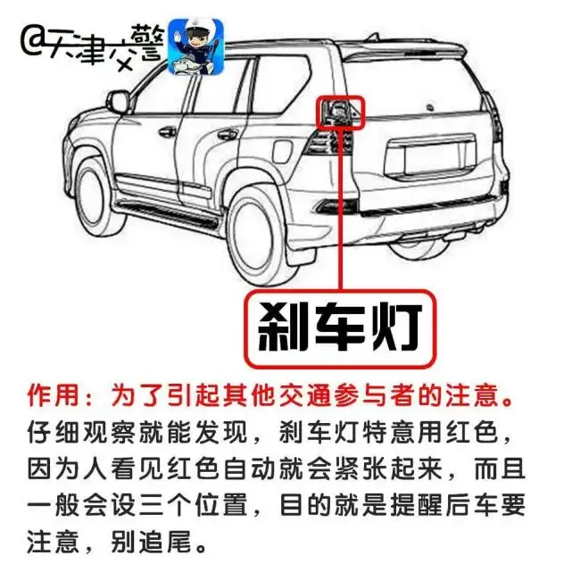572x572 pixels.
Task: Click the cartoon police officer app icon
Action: tap(196, 46)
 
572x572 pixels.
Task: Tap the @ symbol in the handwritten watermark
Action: tap(33, 45)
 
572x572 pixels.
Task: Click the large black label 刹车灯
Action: tap(340, 328)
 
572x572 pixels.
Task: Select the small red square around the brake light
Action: tap(340, 112)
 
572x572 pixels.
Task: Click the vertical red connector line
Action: tap(341, 210)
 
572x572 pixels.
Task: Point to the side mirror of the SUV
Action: tap(119, 101)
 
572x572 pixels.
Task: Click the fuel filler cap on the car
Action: tap(282, 151)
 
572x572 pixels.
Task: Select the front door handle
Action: tap(167, 132)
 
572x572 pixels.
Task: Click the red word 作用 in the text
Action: tap(53, 395)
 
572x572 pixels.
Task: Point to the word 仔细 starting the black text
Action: tap(54, 432)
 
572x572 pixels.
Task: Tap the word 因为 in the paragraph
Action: tap(54, 468)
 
